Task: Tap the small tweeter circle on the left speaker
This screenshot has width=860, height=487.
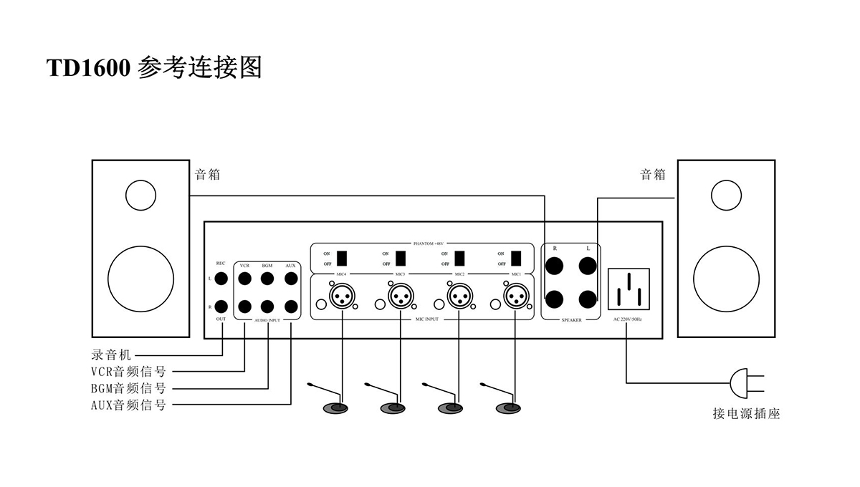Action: pos(140,193)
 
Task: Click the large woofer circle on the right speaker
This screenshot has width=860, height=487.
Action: pos(726,279)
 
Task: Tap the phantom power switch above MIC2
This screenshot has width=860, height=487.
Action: pos(459,258)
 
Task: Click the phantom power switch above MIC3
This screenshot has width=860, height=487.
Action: pos(401,258)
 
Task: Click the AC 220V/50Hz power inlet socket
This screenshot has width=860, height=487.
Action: pos(629,289)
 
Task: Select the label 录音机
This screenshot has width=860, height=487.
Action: pos(112,354)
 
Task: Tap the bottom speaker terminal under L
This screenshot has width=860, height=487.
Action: pos(588,297)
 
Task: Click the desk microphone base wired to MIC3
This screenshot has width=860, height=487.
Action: pos(392,408)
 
